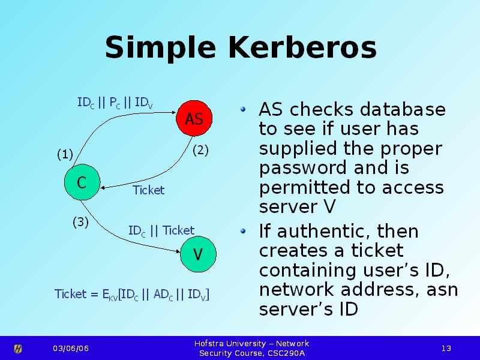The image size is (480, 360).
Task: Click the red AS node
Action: [x=194, y=119]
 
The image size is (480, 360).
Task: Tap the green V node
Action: [x=197, y=254]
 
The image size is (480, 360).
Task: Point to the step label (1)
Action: [x=65, y=155]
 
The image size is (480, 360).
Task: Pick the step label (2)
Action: [x=200, y=151]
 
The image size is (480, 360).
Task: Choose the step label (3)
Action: [x=80, y=222]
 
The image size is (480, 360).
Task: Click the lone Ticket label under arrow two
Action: [x=148, y=190]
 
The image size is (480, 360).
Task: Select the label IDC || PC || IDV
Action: [x=115, y=103]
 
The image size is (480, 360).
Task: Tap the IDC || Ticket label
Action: [x=161, y=231]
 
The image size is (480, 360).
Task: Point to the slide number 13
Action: [x=446, y=349]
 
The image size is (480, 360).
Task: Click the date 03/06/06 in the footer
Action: [x=70, y=349]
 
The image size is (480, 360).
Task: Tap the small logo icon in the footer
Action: [x=18, y=349]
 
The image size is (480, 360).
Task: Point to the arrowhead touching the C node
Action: [x=104, y=188]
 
